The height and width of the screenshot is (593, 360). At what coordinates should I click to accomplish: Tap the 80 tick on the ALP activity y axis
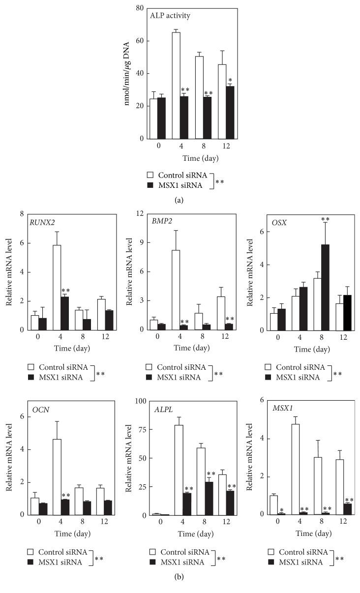tap(140, 8)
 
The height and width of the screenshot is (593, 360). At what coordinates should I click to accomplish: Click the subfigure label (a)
tap(180, 200)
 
